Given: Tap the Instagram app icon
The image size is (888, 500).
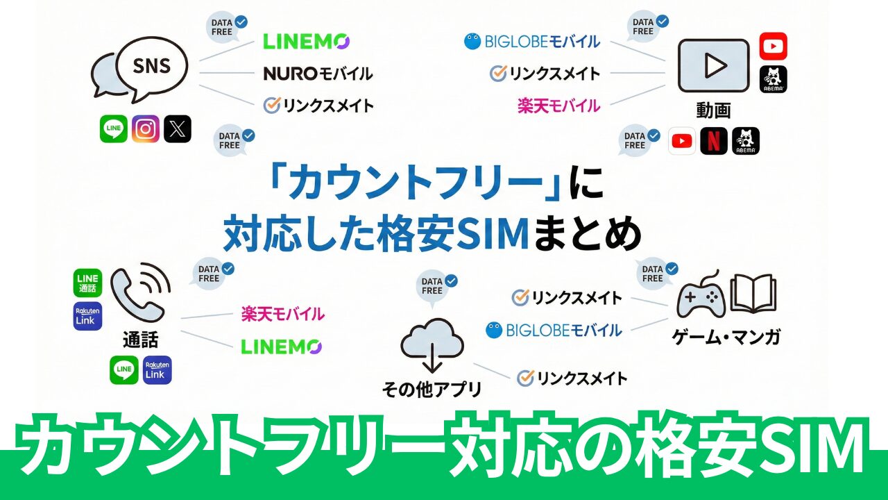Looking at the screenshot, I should [146, 129].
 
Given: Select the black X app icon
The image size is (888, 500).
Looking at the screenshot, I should [178, 129].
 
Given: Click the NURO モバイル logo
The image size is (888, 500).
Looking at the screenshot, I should [318, 73].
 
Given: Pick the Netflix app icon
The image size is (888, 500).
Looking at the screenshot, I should [714, 141].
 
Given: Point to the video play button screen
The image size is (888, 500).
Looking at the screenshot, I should [713, 65].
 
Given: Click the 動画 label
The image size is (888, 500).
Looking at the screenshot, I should [713, 110].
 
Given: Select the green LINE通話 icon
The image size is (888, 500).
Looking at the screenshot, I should [87, 283].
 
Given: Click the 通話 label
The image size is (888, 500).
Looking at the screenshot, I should [140, 340].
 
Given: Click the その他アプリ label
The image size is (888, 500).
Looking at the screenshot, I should [432, 389].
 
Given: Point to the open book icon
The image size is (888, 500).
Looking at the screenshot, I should [753, 293].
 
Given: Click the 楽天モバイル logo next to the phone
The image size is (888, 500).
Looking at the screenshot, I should [283, 315].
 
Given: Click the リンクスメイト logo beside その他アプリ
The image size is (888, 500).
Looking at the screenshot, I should [572, 378].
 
